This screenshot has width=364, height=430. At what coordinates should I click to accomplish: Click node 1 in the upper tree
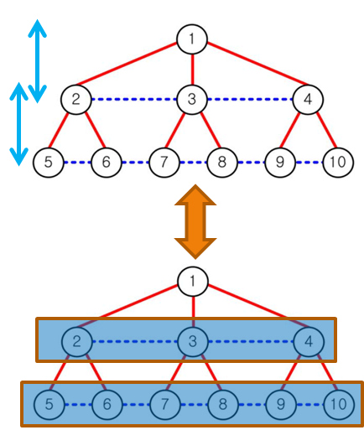point(192,39)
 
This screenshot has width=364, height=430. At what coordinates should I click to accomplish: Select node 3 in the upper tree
point(192,99)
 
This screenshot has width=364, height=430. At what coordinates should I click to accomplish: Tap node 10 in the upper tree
point(338,163)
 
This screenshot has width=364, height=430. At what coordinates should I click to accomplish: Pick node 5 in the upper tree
point(49,163)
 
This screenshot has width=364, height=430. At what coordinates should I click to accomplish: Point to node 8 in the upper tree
point(222,163)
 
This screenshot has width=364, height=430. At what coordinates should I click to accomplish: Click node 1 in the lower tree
point(193,282)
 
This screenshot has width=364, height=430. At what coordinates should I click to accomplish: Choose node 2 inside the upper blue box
point(77,342)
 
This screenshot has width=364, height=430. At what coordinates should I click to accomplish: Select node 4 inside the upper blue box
point(309,342)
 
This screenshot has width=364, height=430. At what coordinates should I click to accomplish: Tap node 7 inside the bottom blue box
point(165,404)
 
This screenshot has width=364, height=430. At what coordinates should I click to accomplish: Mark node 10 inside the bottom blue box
point(339,404)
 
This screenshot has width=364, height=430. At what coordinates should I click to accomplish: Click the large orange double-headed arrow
point(195,221)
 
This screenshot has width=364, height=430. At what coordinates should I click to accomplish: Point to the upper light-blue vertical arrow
point(37,61)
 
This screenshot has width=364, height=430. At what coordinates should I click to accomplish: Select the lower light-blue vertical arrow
point(19,124)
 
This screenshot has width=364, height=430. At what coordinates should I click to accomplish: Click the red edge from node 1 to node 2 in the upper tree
point(127,64)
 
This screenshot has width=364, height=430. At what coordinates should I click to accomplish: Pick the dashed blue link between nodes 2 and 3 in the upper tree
point(134,99)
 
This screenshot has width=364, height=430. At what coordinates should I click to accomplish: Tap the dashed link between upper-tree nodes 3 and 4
point(250,99)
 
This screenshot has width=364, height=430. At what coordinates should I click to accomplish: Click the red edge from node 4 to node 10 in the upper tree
point(326,130)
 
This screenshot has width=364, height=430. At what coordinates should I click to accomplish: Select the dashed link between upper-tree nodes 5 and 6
point(77,163)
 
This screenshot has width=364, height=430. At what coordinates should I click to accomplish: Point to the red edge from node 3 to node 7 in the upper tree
point(175,130)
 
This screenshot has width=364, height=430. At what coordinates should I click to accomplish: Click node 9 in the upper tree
point(280,163)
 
